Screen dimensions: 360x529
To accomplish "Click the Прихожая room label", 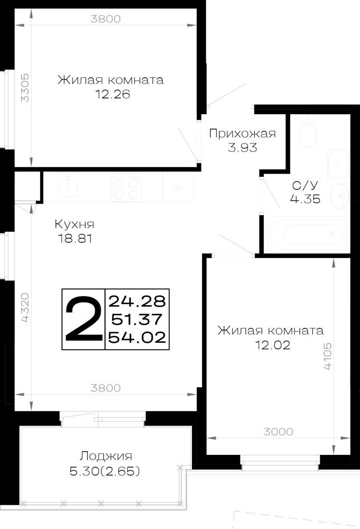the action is coord(242,134).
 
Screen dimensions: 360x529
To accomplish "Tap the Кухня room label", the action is coord(75,224).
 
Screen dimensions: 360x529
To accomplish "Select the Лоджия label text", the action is coord(106,457).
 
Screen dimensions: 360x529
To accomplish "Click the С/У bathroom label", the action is coord(305,185).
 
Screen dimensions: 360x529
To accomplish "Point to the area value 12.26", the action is coord(113,94).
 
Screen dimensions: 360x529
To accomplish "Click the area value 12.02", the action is coord(273,345).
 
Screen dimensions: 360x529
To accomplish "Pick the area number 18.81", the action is coord(75,239).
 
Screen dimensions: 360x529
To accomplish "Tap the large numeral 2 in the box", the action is coord(84,319).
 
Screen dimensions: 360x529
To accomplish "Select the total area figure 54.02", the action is coord(137,337).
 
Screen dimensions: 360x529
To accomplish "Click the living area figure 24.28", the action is coord(137,301).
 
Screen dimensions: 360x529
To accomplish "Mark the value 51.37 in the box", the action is coord(137,319).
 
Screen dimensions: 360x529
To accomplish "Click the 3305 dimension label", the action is coord(25,88).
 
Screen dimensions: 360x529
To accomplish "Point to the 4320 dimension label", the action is coord(25,307).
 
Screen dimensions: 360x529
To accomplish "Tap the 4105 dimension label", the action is coord(327,357).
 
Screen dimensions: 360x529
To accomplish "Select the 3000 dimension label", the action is coord(279,432).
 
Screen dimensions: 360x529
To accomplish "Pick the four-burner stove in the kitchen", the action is coord(126,188).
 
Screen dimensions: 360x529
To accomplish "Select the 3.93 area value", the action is coord(242,148).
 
